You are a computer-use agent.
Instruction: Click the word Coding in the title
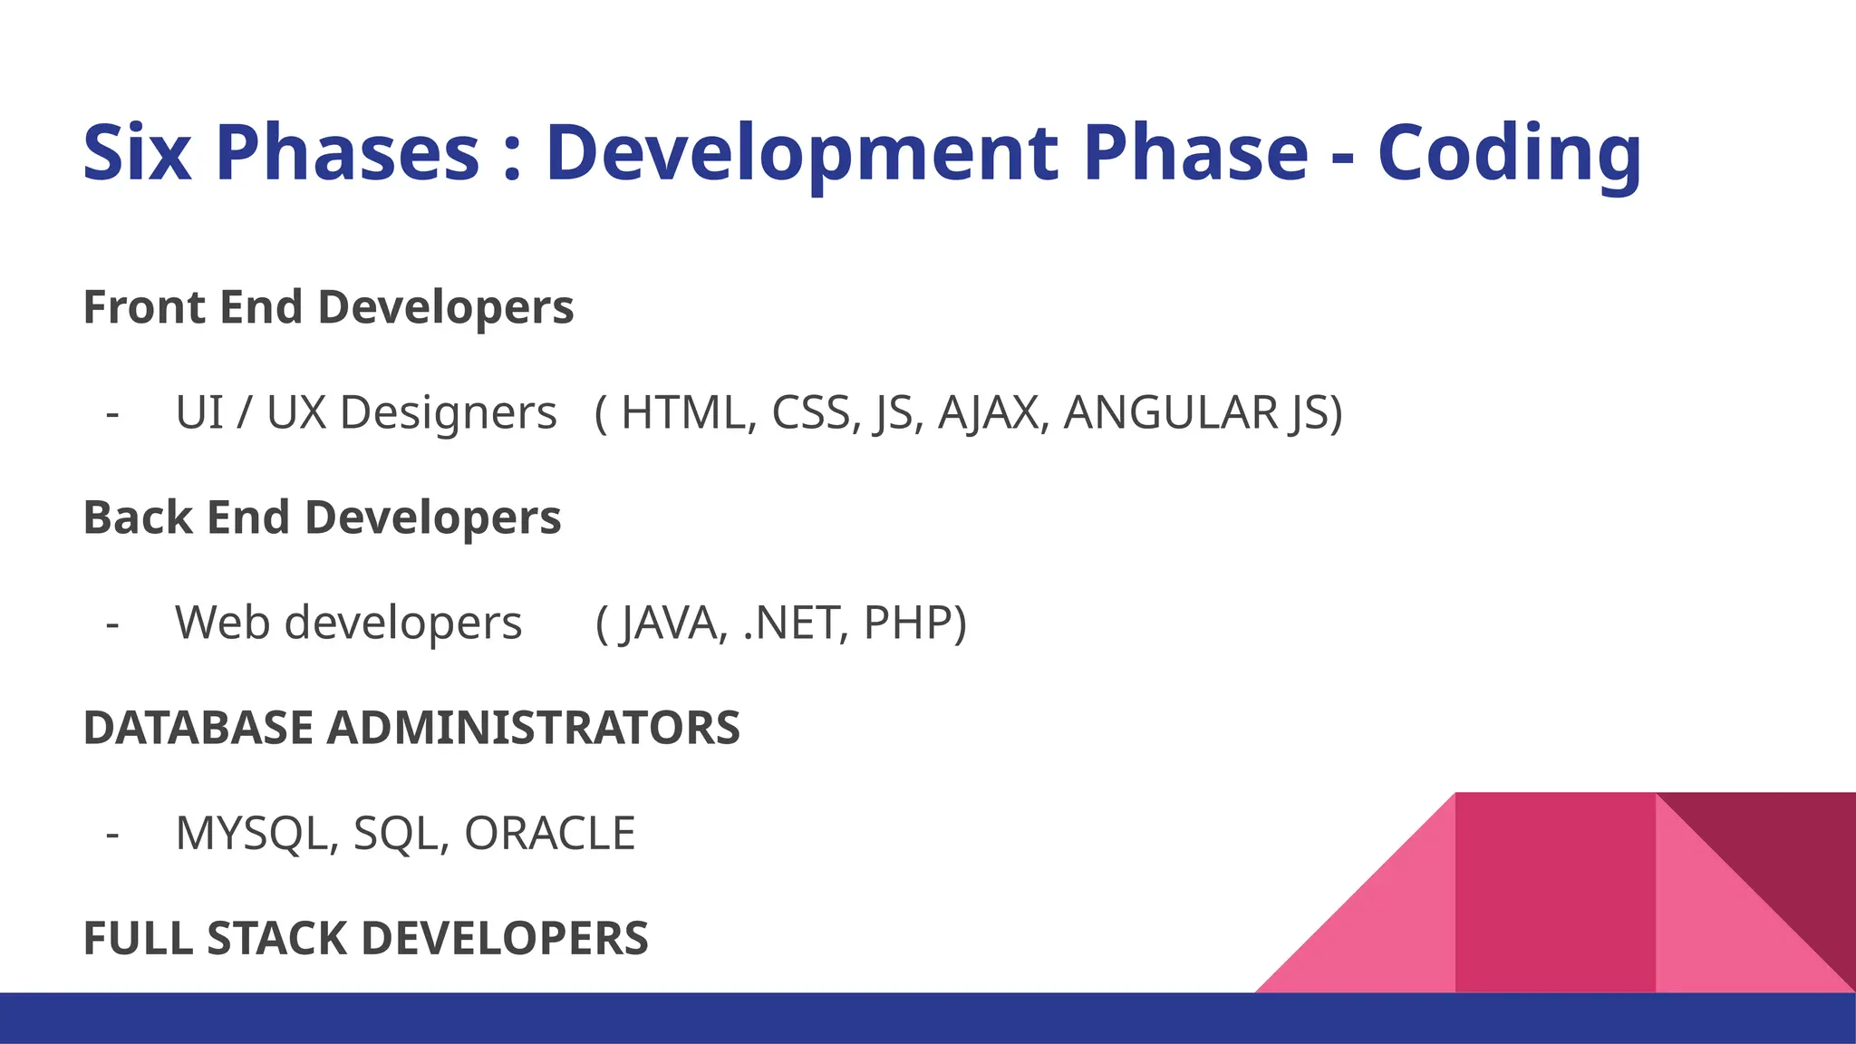[1509, 154]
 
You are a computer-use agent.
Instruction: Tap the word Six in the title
[137, 154]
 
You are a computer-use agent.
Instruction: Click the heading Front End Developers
[328, 307]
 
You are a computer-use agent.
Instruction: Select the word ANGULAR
[1170, 412]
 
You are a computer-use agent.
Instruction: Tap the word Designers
[448, 414]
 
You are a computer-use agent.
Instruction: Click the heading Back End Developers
[322, 517]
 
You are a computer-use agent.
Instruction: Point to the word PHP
[909, 623]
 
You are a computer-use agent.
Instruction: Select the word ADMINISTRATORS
[533, 728]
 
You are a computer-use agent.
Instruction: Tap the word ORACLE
[549, 834]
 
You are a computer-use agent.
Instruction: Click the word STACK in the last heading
[277, 938]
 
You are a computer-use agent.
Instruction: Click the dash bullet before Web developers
[112, 623]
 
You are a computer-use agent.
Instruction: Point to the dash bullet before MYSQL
[112, 834]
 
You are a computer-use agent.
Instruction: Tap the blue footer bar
[634, 1019]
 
